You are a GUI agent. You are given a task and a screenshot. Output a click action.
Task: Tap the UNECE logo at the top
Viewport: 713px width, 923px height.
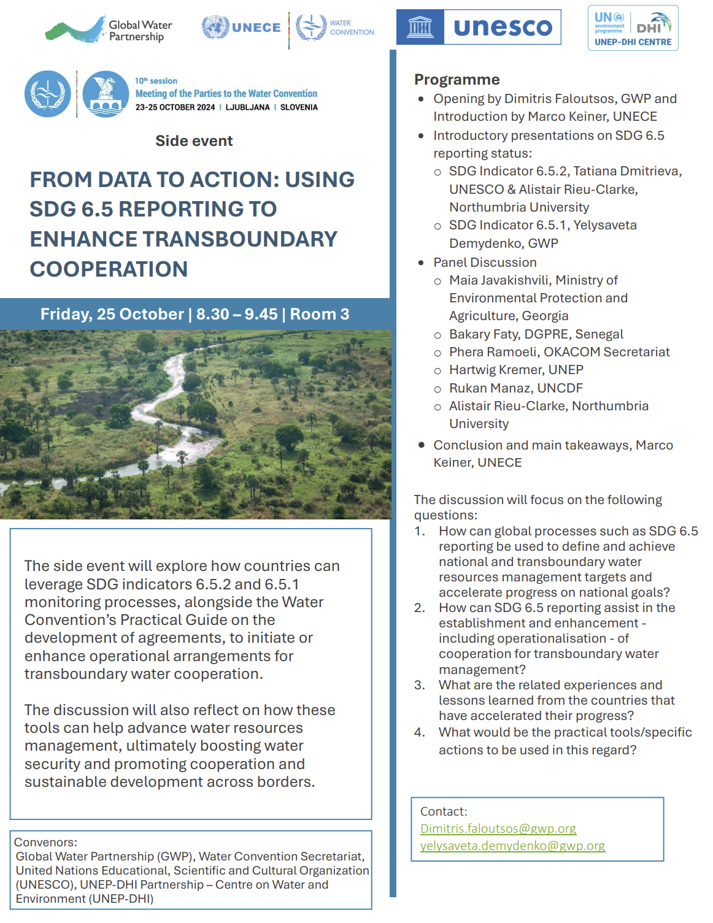[x=241, y=28]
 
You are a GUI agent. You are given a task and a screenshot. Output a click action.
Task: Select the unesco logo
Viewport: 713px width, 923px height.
[x=479, y=27]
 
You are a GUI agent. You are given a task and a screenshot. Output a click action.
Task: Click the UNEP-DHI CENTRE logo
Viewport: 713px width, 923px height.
[x=633, y=28]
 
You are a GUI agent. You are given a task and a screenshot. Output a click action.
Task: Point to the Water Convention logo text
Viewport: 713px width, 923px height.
[x=351, y=28]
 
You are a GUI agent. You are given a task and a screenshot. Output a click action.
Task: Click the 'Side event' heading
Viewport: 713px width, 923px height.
[x=194, y=141]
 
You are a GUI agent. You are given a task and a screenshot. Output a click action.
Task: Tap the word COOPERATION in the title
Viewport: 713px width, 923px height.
[x=109, y=269]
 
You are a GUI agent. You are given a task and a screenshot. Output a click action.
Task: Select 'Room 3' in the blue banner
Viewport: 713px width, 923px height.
[x=319, y=315]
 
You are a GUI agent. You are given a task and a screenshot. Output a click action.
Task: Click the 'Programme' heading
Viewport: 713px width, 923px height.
[x=457, y=80]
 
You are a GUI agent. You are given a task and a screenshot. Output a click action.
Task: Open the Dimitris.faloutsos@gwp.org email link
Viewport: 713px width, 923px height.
[x=498, y=829]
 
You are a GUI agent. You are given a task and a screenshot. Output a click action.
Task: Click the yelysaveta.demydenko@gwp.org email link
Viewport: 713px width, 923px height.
[x=512, y=846]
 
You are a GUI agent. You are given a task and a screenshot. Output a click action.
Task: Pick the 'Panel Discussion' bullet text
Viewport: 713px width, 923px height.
[x=485, y=262]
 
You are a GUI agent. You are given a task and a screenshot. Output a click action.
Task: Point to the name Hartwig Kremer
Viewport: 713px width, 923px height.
[x=496, y=370]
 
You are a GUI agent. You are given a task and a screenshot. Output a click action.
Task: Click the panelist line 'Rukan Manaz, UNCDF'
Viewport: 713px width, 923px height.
[x=515, y=388]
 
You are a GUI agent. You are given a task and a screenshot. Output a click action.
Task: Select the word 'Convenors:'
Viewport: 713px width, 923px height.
[x=45, y=842]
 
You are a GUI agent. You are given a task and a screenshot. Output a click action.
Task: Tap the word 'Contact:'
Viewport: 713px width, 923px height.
[x=443, y=811]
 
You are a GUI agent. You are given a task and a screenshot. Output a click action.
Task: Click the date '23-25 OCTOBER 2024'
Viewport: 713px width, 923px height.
[x=175, y=107]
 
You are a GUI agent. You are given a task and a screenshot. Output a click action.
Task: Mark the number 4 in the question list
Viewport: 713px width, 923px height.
[x=419, y=732]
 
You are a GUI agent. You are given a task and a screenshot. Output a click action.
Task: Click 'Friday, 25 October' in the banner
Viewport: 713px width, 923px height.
[x=112, y=315]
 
